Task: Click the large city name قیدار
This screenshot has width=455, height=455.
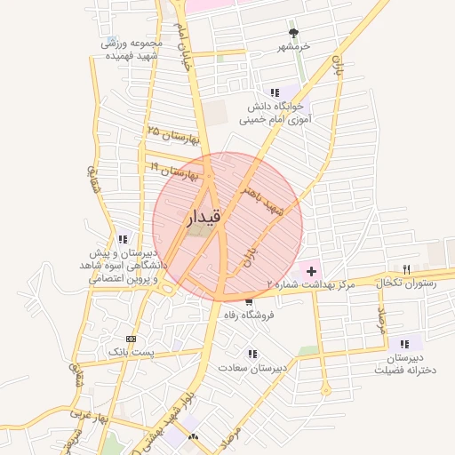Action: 204,216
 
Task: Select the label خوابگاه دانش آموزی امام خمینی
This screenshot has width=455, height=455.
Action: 276,112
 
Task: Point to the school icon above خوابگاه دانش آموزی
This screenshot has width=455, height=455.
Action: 275,92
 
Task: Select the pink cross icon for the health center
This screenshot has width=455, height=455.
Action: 310,269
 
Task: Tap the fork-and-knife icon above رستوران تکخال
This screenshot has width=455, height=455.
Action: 406,269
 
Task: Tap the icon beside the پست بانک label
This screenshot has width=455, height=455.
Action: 132,339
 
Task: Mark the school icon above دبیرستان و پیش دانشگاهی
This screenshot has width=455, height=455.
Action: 123,238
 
